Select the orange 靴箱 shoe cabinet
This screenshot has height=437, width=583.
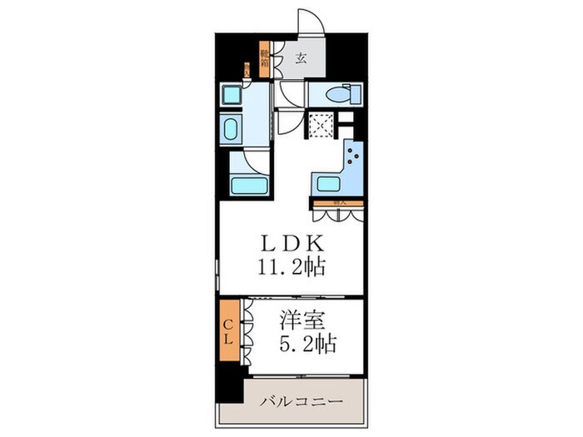[x=264, y=59]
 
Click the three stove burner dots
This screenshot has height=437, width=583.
[x=355, y=157]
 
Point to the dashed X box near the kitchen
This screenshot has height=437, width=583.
[x=320, y=125]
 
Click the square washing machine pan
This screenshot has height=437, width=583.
[x=230, y=94]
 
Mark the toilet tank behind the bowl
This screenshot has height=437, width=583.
[x=316, y=94]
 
